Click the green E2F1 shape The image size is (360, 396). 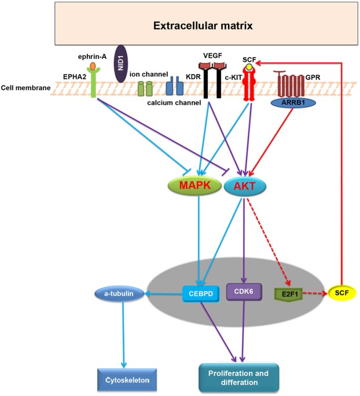click(287, 294)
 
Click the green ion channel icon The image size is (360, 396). click(145, 88)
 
